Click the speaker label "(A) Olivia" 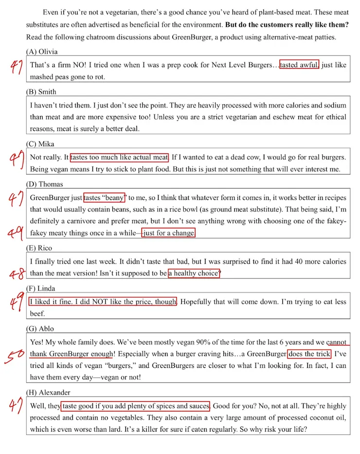42,52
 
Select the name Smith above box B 47,92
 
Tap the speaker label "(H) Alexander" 49,393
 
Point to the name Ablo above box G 47,329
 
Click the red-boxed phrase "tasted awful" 299,65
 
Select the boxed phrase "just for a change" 169,233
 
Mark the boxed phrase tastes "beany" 105,198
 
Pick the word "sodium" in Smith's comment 336,105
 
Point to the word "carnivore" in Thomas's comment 74,221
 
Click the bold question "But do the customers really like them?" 287,24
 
